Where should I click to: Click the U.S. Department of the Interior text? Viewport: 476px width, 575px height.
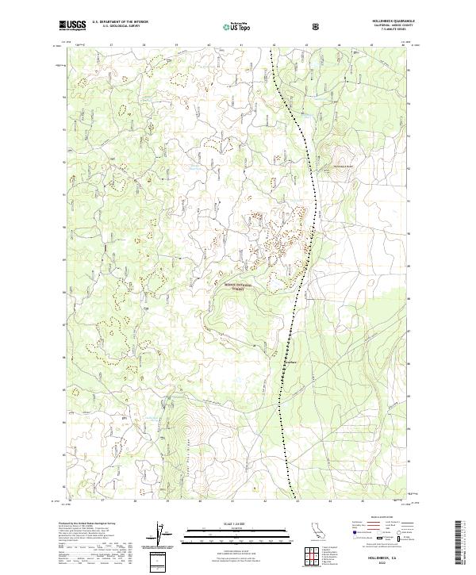(119, 22)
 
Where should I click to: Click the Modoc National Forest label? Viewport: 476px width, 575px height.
(236, 285)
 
